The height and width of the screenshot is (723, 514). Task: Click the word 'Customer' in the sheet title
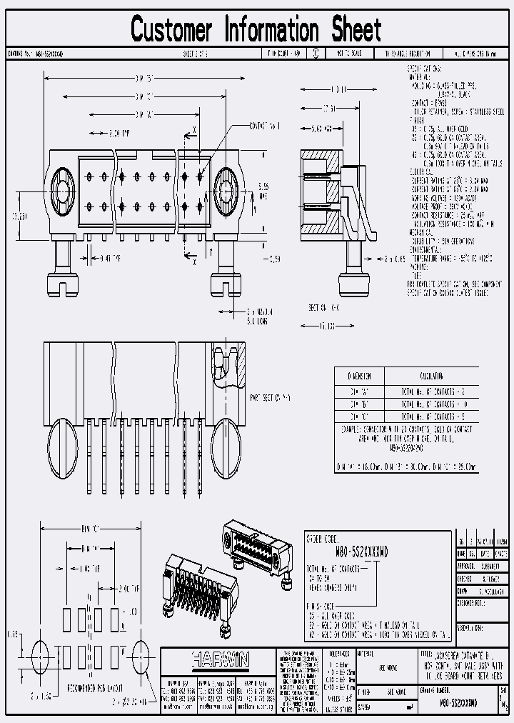pos(171,30)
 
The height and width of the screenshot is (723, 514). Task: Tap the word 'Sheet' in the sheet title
pos(356,30)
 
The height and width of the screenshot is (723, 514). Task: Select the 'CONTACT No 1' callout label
pos(265,126)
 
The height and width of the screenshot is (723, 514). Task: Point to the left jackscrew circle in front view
pos(61,189)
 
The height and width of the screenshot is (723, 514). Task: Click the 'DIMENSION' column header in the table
pos(359,376)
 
